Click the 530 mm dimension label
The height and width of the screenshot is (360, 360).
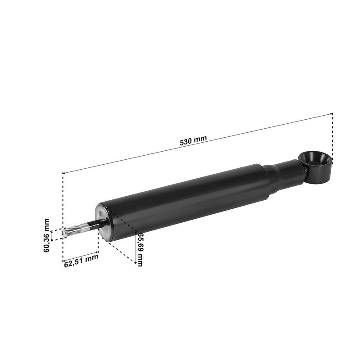pyautogui.click(x=193, y=140)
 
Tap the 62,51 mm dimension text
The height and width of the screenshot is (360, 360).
pyautogui.click(x=81, y=261)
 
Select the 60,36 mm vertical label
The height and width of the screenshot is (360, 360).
pyautogui.click(x=46, y=235)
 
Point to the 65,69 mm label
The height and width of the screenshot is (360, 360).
pyautogui.click(x=139, y=249)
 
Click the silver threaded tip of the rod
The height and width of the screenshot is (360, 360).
pyautogui.click(x=72, y=231)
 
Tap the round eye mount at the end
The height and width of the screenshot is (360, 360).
pyautogui.click(x=316, y=166)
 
